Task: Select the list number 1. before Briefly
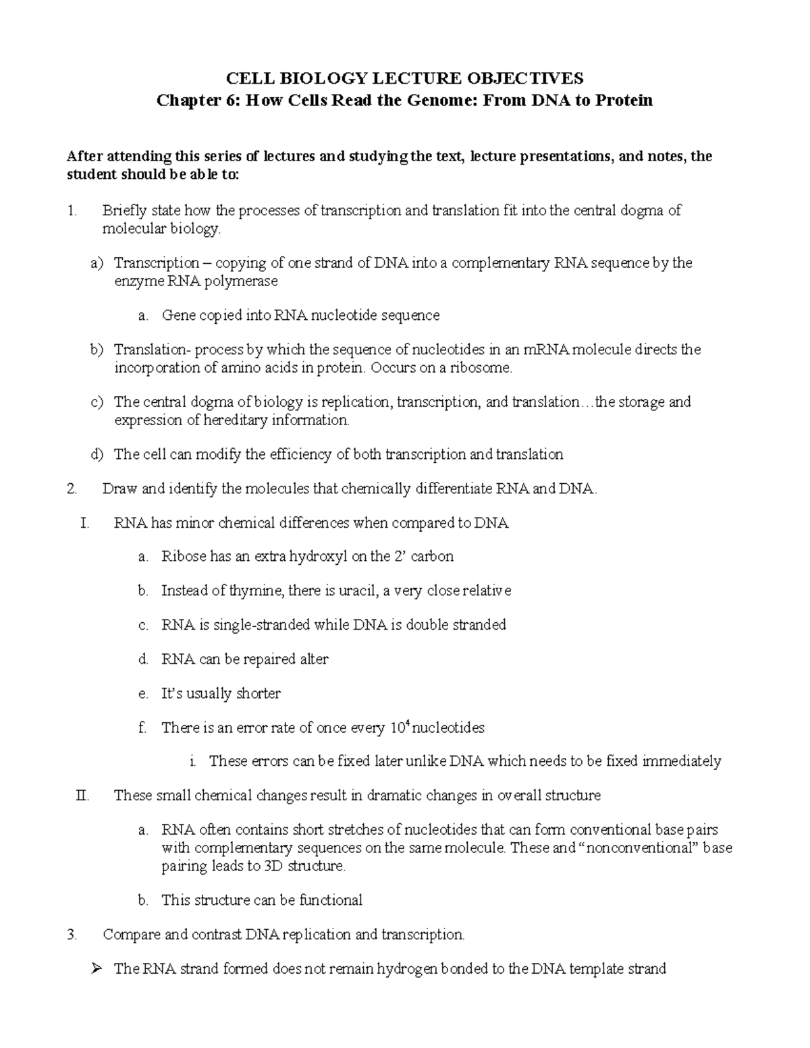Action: tap(73, 211)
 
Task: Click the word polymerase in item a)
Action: tap(244, 281)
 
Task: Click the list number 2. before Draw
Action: tap(74, 489)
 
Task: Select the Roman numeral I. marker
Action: tap(84, 523)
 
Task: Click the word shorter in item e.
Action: tap(258, 694)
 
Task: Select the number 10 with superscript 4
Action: tap(399, 727)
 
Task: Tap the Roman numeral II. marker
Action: tap(83, 796)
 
